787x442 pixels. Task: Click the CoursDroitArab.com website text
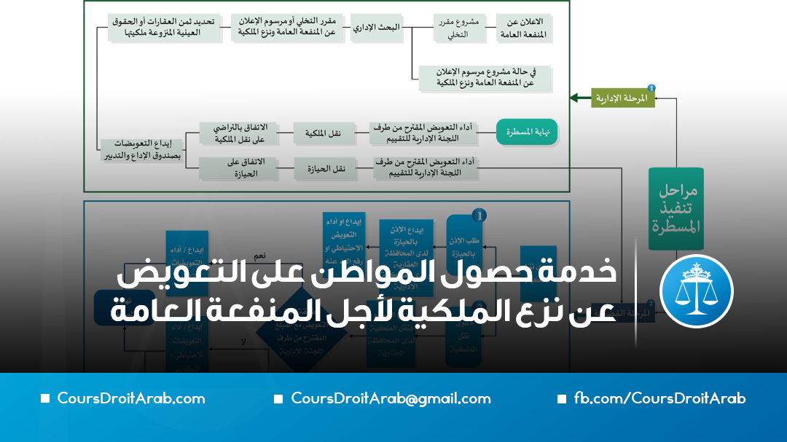(131, 398)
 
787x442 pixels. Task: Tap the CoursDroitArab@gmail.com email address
(391, 398)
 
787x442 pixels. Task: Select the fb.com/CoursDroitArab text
(659, 398)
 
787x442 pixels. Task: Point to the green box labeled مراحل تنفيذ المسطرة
(676, 208)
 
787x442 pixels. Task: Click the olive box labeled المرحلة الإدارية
(622, 97)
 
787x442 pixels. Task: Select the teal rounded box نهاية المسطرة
(526, 132)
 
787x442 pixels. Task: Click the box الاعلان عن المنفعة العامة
(522, 27)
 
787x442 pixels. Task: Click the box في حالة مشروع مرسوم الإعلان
(485, 78)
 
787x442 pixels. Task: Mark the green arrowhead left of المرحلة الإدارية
(575, 97)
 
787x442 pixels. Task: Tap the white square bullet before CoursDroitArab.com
(45, 399)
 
